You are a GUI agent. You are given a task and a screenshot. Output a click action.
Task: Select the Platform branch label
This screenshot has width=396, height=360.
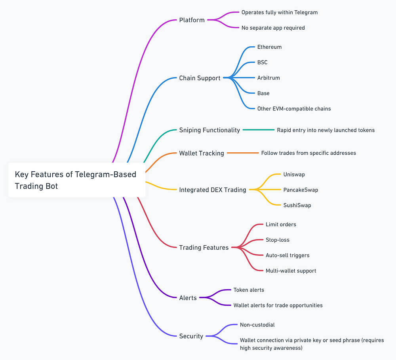[192, 20]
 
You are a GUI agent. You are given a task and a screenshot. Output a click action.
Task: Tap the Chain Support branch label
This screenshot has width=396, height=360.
[200, 78]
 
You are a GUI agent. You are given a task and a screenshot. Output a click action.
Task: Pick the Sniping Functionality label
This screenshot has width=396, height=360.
[209, 130]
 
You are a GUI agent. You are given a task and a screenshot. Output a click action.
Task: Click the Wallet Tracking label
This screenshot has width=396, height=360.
[201, 153]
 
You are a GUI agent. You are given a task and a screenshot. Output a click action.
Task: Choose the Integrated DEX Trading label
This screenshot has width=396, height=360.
[212, 190]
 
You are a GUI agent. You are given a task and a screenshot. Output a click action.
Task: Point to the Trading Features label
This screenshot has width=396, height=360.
[204, 248]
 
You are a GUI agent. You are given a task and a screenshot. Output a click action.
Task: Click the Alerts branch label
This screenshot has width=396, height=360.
[188, 298]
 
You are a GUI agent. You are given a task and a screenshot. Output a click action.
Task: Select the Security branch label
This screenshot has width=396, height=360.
[191, 336]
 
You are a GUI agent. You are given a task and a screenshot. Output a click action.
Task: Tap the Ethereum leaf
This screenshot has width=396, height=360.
[269, 47]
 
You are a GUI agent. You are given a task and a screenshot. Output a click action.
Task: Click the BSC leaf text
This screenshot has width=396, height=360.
[262, 63]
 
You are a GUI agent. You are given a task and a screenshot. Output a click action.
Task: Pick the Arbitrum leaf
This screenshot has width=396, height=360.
[268, 78]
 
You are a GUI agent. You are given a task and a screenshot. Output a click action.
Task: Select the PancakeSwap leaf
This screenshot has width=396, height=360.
[301, 190]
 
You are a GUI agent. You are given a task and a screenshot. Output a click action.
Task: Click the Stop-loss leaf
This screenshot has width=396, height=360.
[277, 240]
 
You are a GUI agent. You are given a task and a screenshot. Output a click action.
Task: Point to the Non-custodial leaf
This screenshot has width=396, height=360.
[257, 325]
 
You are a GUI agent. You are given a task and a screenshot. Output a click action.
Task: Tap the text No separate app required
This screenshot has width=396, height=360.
[273, 28]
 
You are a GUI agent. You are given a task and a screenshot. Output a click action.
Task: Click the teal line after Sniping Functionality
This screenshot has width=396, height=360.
[258, 130]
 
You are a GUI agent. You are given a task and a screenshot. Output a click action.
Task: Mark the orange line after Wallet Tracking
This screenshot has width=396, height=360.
[243, 153]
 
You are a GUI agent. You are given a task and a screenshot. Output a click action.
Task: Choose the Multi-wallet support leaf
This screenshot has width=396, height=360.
[291, 271]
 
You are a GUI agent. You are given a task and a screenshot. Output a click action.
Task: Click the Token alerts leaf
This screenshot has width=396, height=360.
[248, 290]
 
